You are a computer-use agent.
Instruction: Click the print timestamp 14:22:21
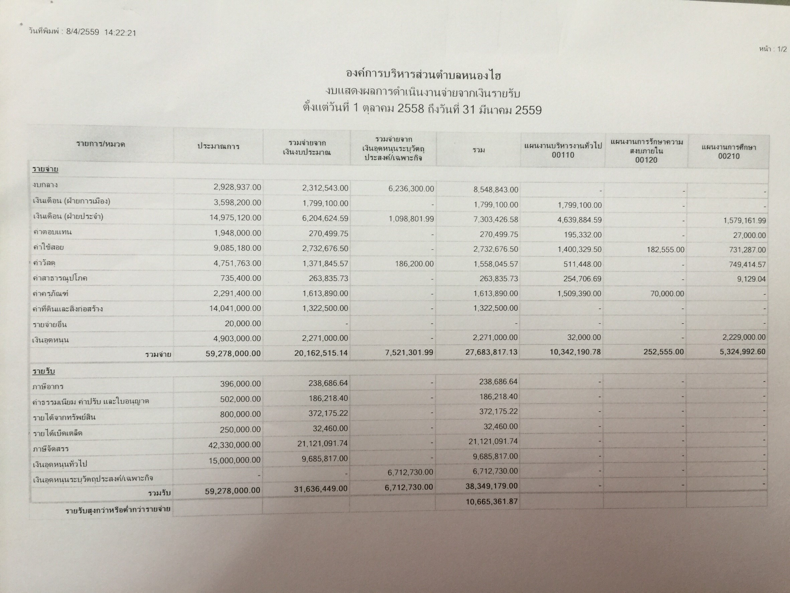[120, 33]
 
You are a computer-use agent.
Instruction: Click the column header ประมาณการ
[219, 146]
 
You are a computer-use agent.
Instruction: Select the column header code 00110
[562, 155]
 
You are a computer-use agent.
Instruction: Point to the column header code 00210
[729, 156]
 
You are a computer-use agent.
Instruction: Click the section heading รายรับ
[43, 371]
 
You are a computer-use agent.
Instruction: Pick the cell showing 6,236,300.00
[411, 189]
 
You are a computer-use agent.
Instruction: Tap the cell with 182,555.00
[665, 250]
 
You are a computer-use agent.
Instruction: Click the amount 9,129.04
[752, 279]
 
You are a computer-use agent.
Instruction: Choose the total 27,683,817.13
[491, 352]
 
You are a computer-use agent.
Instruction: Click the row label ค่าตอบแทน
[52, 232]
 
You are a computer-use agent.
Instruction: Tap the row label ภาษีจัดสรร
[50, 449]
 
